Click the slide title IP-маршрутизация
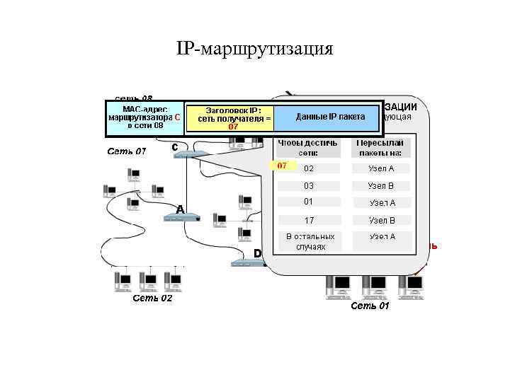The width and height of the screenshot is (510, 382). (x=254, y=49)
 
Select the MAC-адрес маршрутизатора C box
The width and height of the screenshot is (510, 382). (x=144, y=117)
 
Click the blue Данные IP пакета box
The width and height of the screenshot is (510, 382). (x=329, y=117)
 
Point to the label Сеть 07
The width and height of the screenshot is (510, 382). (x=126, y=151)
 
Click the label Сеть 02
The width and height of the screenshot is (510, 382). (x=152, y=299)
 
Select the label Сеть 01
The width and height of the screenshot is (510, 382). (x=370, y=306)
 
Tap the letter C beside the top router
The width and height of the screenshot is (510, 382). (x=174, y=146)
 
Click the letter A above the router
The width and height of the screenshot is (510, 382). (x=180, y=209)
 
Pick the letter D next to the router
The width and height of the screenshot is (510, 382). (x=258, y=253)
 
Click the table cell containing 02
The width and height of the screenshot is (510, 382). (x=309, y=168)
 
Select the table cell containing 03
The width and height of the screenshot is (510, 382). (x=309, y=185)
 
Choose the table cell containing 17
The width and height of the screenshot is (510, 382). (x=309, y=220)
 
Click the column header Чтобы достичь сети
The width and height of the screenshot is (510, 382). (x=307, y=147)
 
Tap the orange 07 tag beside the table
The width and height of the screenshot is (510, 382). (x=281, y=166)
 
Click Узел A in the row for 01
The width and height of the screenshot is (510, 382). (x=381, y=202)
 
